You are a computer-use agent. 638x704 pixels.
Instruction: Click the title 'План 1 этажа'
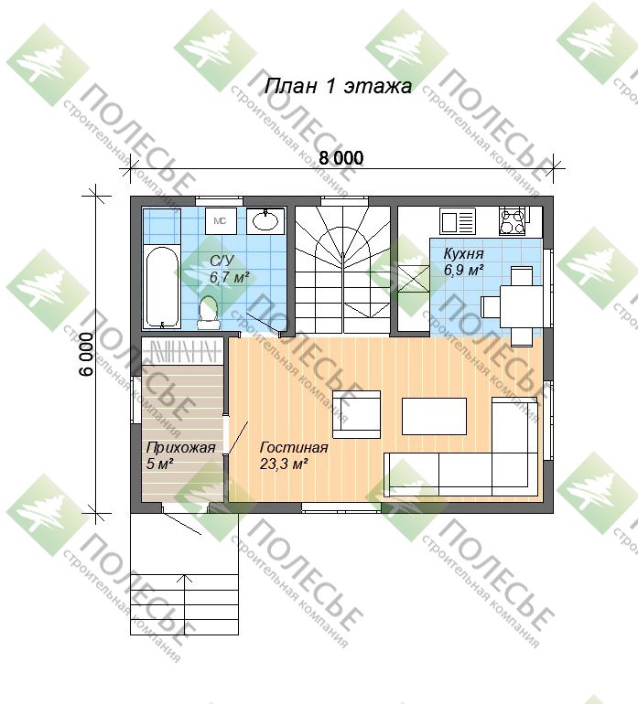(338, 86)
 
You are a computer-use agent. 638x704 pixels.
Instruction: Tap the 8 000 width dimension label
(341, 158)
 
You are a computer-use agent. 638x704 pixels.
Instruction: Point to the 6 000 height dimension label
(87, 354)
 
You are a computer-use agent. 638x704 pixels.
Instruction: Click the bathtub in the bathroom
(161, 287)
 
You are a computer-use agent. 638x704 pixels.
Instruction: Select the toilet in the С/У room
(208, 311)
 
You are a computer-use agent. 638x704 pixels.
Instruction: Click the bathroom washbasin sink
(265, 221)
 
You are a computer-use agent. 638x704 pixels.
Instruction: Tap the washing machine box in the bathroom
(222, 221)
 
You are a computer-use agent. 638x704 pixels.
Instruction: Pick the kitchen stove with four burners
(513, 221)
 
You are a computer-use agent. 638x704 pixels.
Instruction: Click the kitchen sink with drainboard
(458, 222)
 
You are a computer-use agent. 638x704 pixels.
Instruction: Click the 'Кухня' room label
(463, 253)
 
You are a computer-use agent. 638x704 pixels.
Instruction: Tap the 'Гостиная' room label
(294, 448)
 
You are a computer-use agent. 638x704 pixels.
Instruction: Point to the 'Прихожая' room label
(180, 448)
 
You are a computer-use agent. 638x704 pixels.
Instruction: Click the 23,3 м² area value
(284, 464)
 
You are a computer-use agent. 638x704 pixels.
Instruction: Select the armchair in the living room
(357, 414)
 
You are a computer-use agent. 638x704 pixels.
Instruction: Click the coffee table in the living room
(434, 416)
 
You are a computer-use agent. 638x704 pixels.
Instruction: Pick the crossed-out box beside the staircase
(414, 279)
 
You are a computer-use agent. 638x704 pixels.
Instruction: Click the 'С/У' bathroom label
(222, 261)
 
